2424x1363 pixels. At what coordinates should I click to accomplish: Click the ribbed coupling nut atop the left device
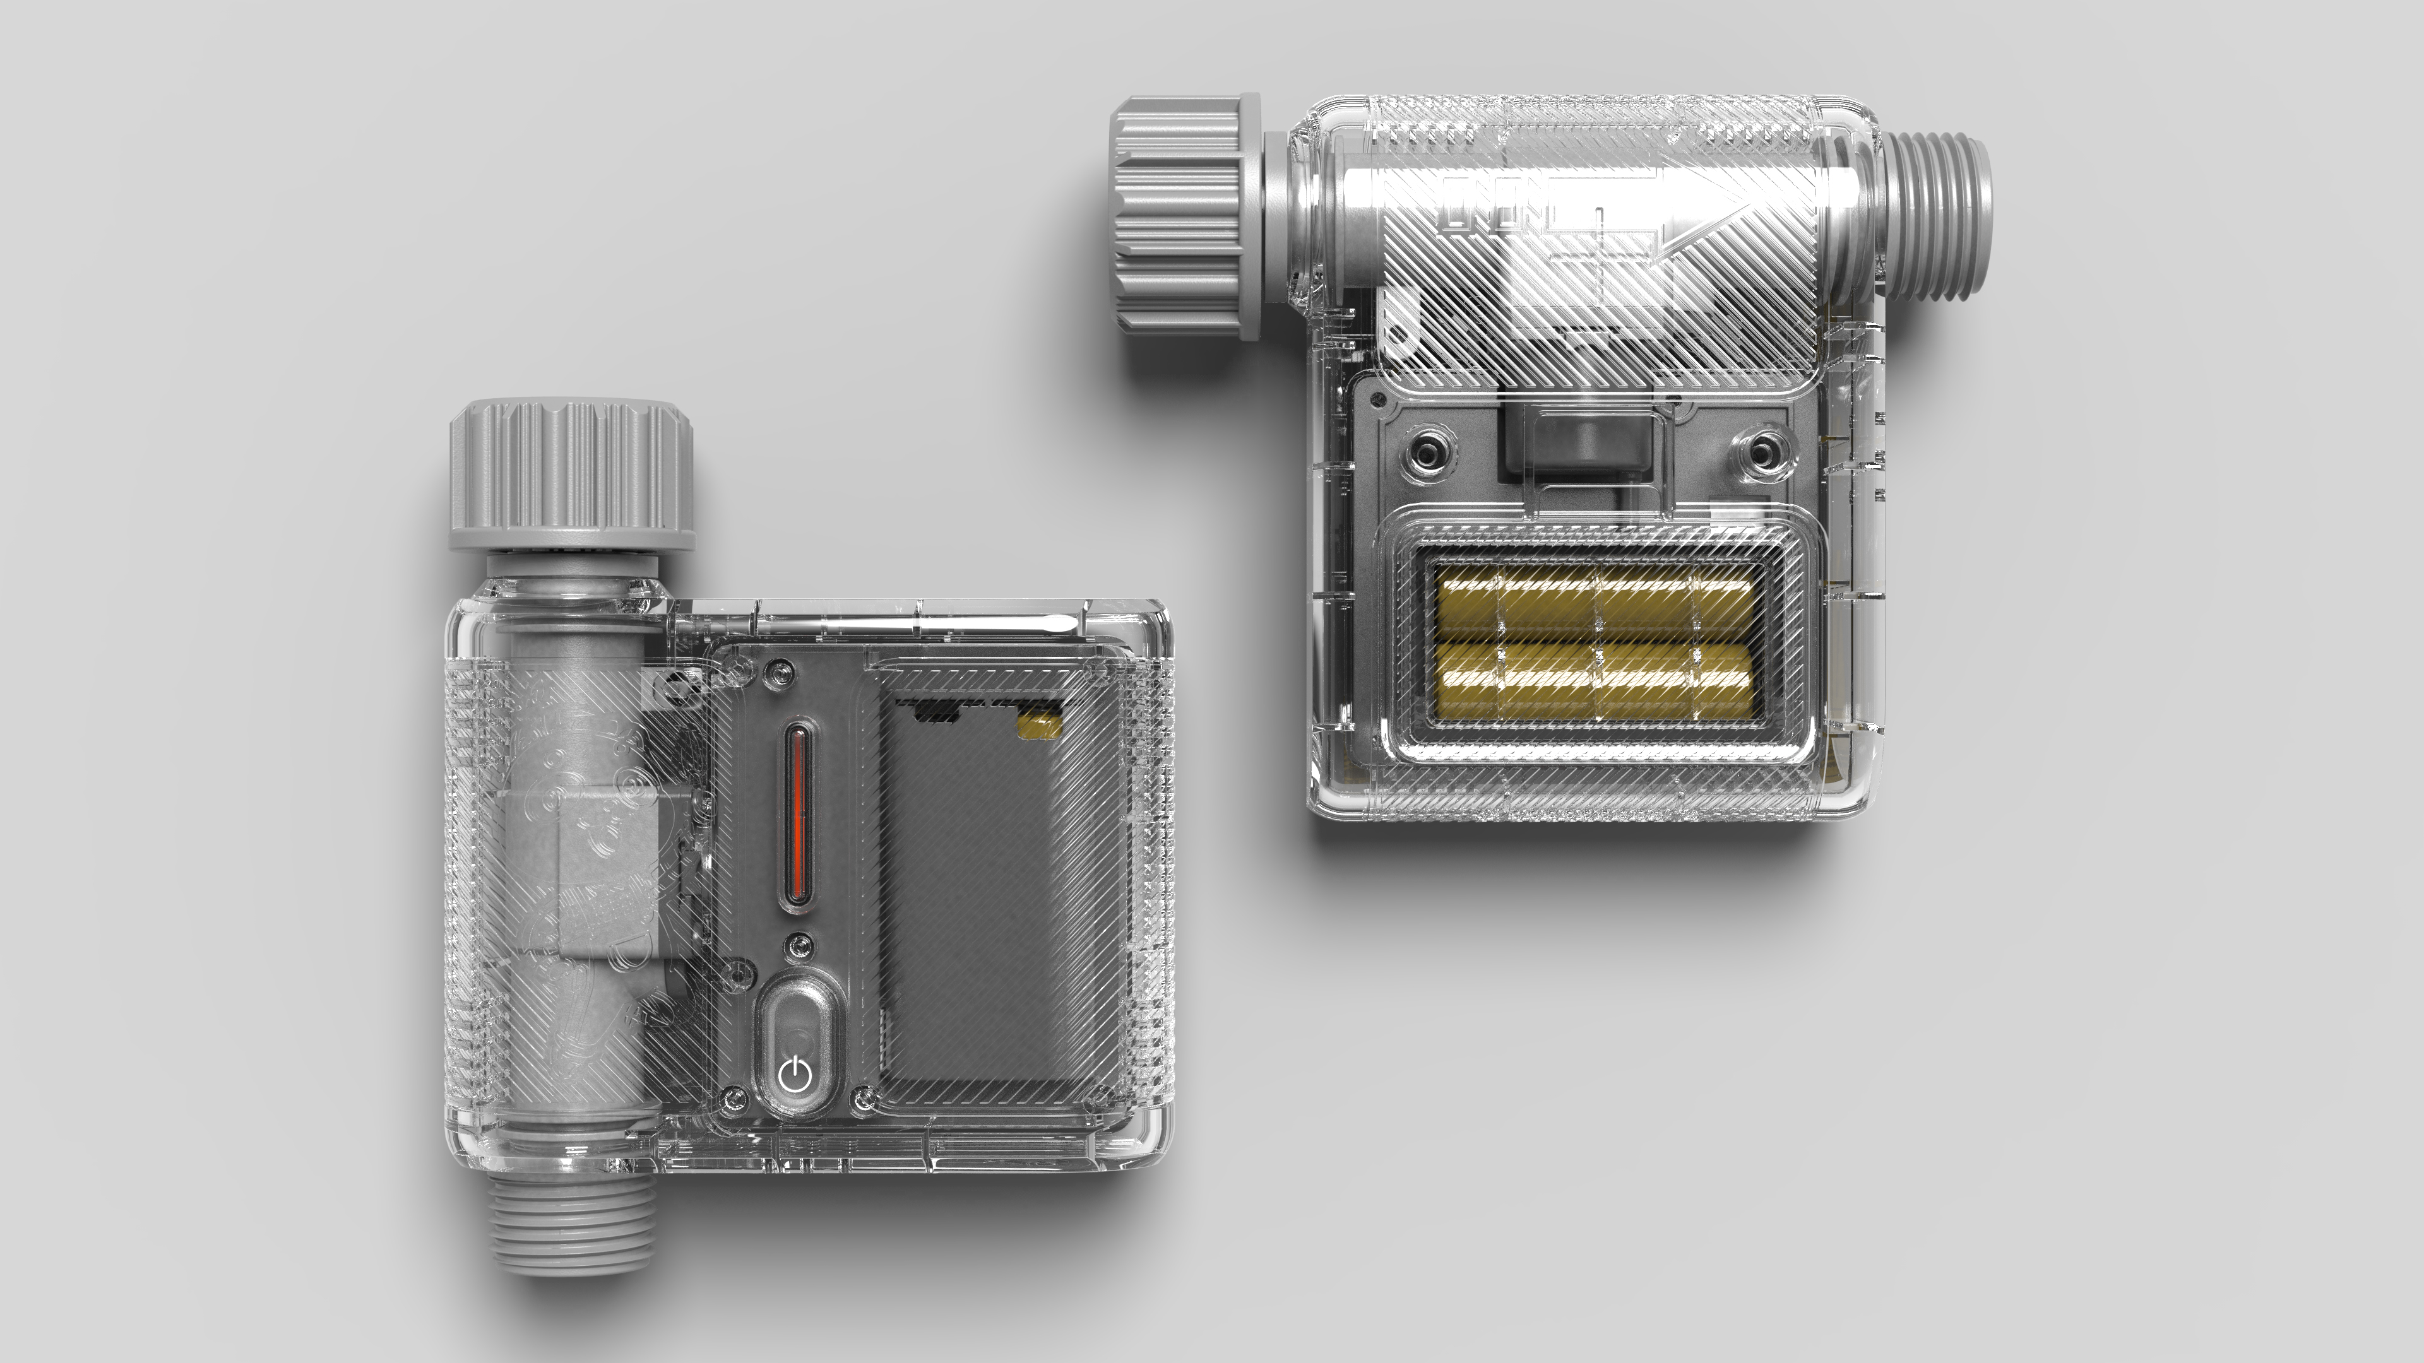point(572,475)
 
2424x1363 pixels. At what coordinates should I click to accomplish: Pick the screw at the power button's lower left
point(735,1096)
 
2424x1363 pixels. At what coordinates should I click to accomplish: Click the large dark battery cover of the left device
point(997,903)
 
